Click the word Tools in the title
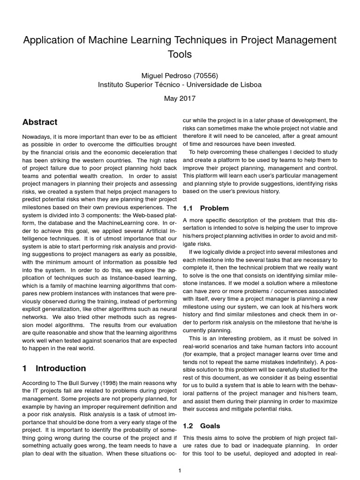pyautogui.click(x=180, y=54)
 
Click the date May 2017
pyautogui.click(x=180, y=99)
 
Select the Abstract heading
pyautogui.click(x=40, y=122)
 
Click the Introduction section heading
pyautogui.click(x=60, y=368)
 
